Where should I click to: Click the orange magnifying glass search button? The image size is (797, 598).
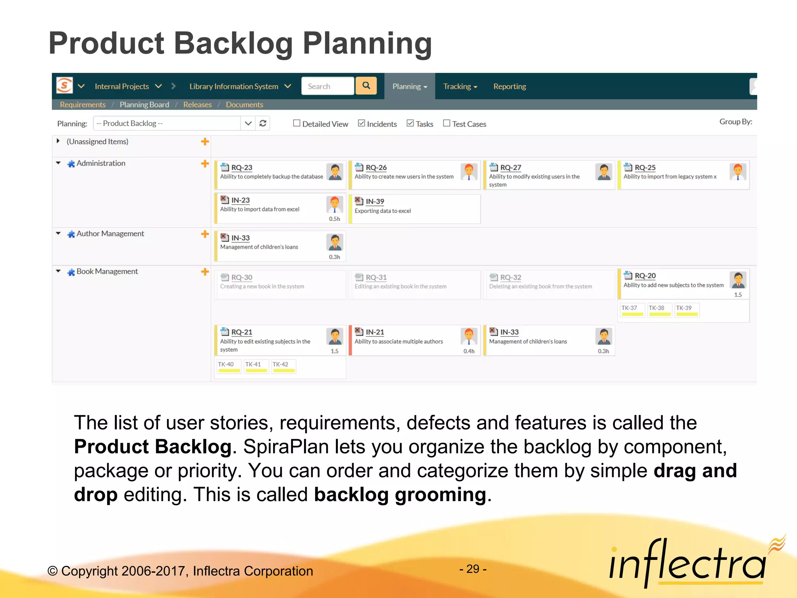[x=366, y=86]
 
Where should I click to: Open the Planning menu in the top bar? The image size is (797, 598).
[x=409, y=86]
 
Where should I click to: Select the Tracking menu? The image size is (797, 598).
[x=460, y=86]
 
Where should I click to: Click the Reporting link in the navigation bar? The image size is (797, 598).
[x=509, y=86]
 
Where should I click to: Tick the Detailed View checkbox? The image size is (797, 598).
[x=297, y=123]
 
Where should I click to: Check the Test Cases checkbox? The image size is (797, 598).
[x=447, y=123]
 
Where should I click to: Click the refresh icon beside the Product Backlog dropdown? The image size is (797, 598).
[x=263, y=123]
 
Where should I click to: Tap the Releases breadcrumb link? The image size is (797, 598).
[x=197, y=105]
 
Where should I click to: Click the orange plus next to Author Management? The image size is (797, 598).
[x=205, y=234]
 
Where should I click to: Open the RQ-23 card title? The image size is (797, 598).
[x=242, y=167]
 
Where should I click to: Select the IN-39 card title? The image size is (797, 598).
[x=375, y=201]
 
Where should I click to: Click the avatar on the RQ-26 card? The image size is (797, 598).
[x=469, y=172]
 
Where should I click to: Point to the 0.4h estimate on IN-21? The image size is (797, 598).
[x=469, y=351]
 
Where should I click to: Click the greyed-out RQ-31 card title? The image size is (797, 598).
[x=376, y=277]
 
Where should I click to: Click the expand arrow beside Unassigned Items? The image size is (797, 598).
[x=58, y=141]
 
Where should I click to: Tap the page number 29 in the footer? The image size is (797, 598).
[x=473, y=569]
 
